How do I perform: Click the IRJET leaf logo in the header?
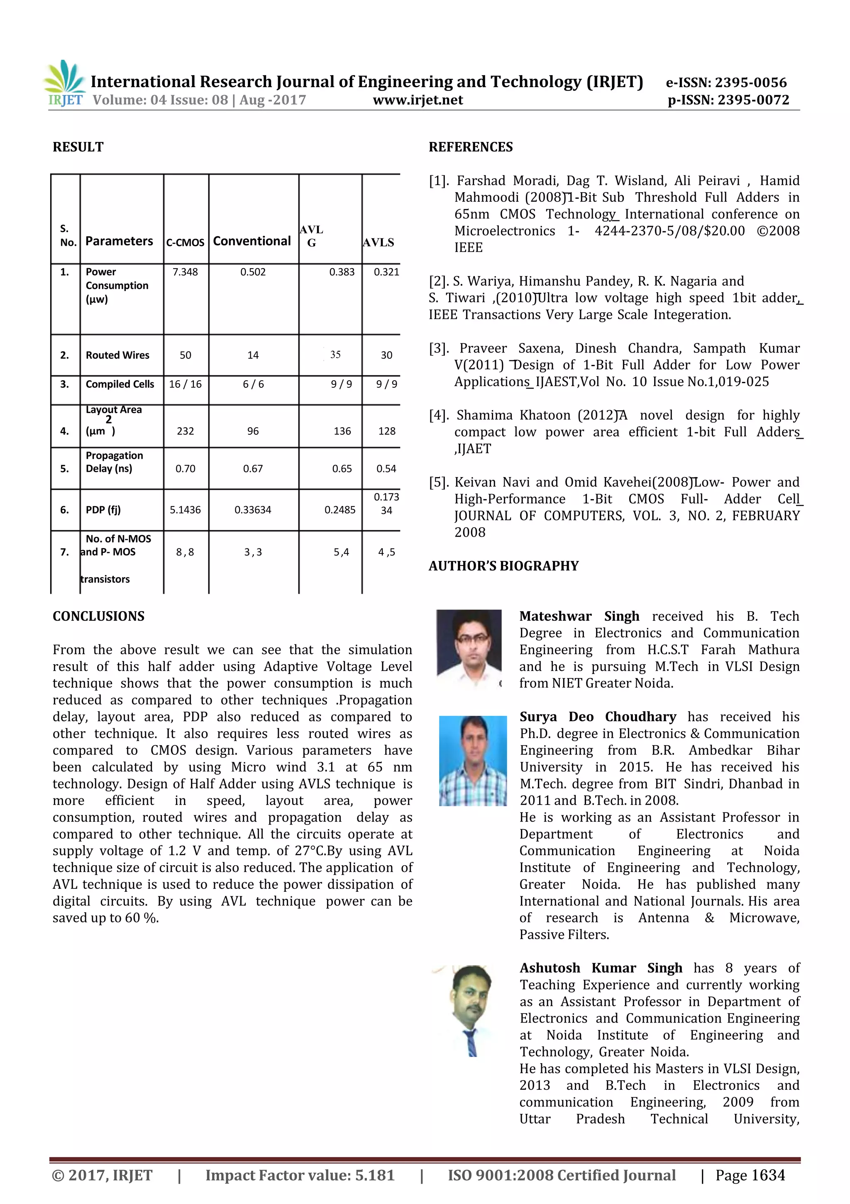(x=64, y=78)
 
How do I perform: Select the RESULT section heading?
(x=78, y=147)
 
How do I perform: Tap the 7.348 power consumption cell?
(x=185, y=272)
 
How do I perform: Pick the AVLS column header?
(x=378, y=242)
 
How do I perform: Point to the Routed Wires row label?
(x=117, y=355)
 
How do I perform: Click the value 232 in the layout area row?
(x=185, y=431)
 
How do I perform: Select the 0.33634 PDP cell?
(x=253, y=510)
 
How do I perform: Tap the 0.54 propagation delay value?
(x=386, y=469)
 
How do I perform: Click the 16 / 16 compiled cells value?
(x=185, y=384)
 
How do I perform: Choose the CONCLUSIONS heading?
(x=99, y=616)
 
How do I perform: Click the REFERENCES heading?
(x=470, y=147)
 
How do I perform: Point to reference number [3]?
(x=439, y=348)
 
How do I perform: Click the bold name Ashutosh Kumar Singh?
(x=601, y=968)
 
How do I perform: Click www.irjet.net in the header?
(x=418, y=100)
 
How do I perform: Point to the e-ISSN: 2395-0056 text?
(x=726, y=82)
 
